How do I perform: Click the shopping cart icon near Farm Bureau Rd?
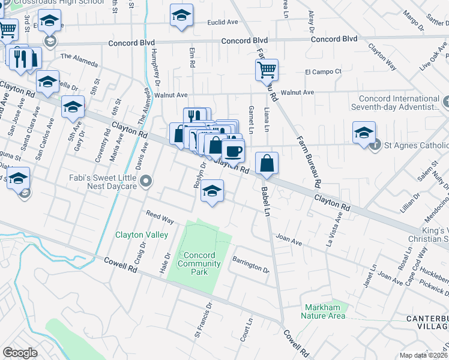pos(267,69)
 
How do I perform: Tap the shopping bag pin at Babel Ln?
pos(267,163)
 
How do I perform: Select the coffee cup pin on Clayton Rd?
pos(233,149)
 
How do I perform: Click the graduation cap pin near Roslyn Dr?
pos(212,191)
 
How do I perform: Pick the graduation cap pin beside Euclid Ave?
pos(181,16)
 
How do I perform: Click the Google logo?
pos(20,353)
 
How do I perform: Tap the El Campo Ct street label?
pos(323,71)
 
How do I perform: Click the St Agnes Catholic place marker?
pos(375,145)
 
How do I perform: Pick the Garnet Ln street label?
pos(250,119)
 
